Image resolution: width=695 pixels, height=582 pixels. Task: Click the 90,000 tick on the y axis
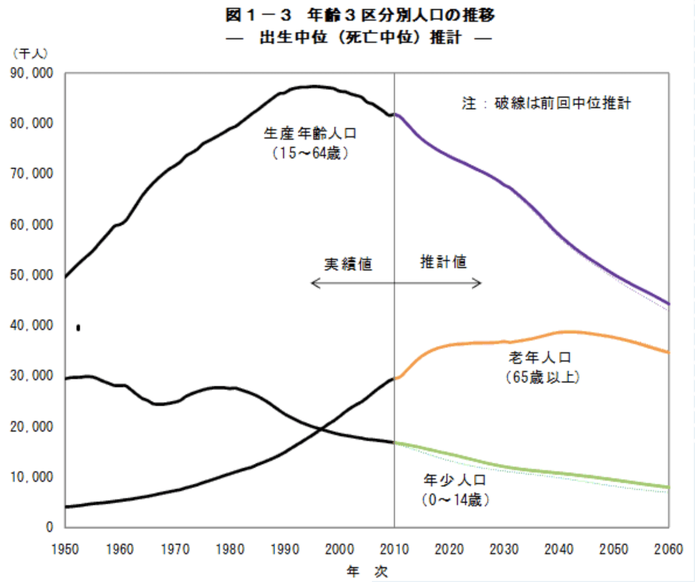tap(31, 73)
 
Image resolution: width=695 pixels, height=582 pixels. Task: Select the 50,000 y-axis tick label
tap(31, 275)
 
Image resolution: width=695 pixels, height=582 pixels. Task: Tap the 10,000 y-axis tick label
tap(31, 477)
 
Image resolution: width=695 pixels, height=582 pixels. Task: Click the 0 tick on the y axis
tap(49, 527)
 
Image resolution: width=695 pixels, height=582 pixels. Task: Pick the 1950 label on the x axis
tap(65, 549)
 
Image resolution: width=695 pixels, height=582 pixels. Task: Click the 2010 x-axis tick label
tap(394, 549)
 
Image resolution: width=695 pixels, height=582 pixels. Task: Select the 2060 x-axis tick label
tap(668, 549)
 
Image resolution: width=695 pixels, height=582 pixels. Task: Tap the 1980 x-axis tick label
tap(230, 549)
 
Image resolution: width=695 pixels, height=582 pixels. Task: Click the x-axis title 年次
tap(367, 572)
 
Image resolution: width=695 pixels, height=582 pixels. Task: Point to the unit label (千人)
tap(30, 54)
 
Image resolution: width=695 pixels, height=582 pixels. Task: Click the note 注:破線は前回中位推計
tap(546, 103)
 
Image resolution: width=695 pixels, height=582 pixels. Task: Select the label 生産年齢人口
tap(310, 133)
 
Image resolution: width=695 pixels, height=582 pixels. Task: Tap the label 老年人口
tap(540, 357)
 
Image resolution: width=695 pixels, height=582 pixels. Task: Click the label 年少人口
tap(455, 480)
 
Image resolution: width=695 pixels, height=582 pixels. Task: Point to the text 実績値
tap(348, 264)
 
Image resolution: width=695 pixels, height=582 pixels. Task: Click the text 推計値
tap(443, 262)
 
